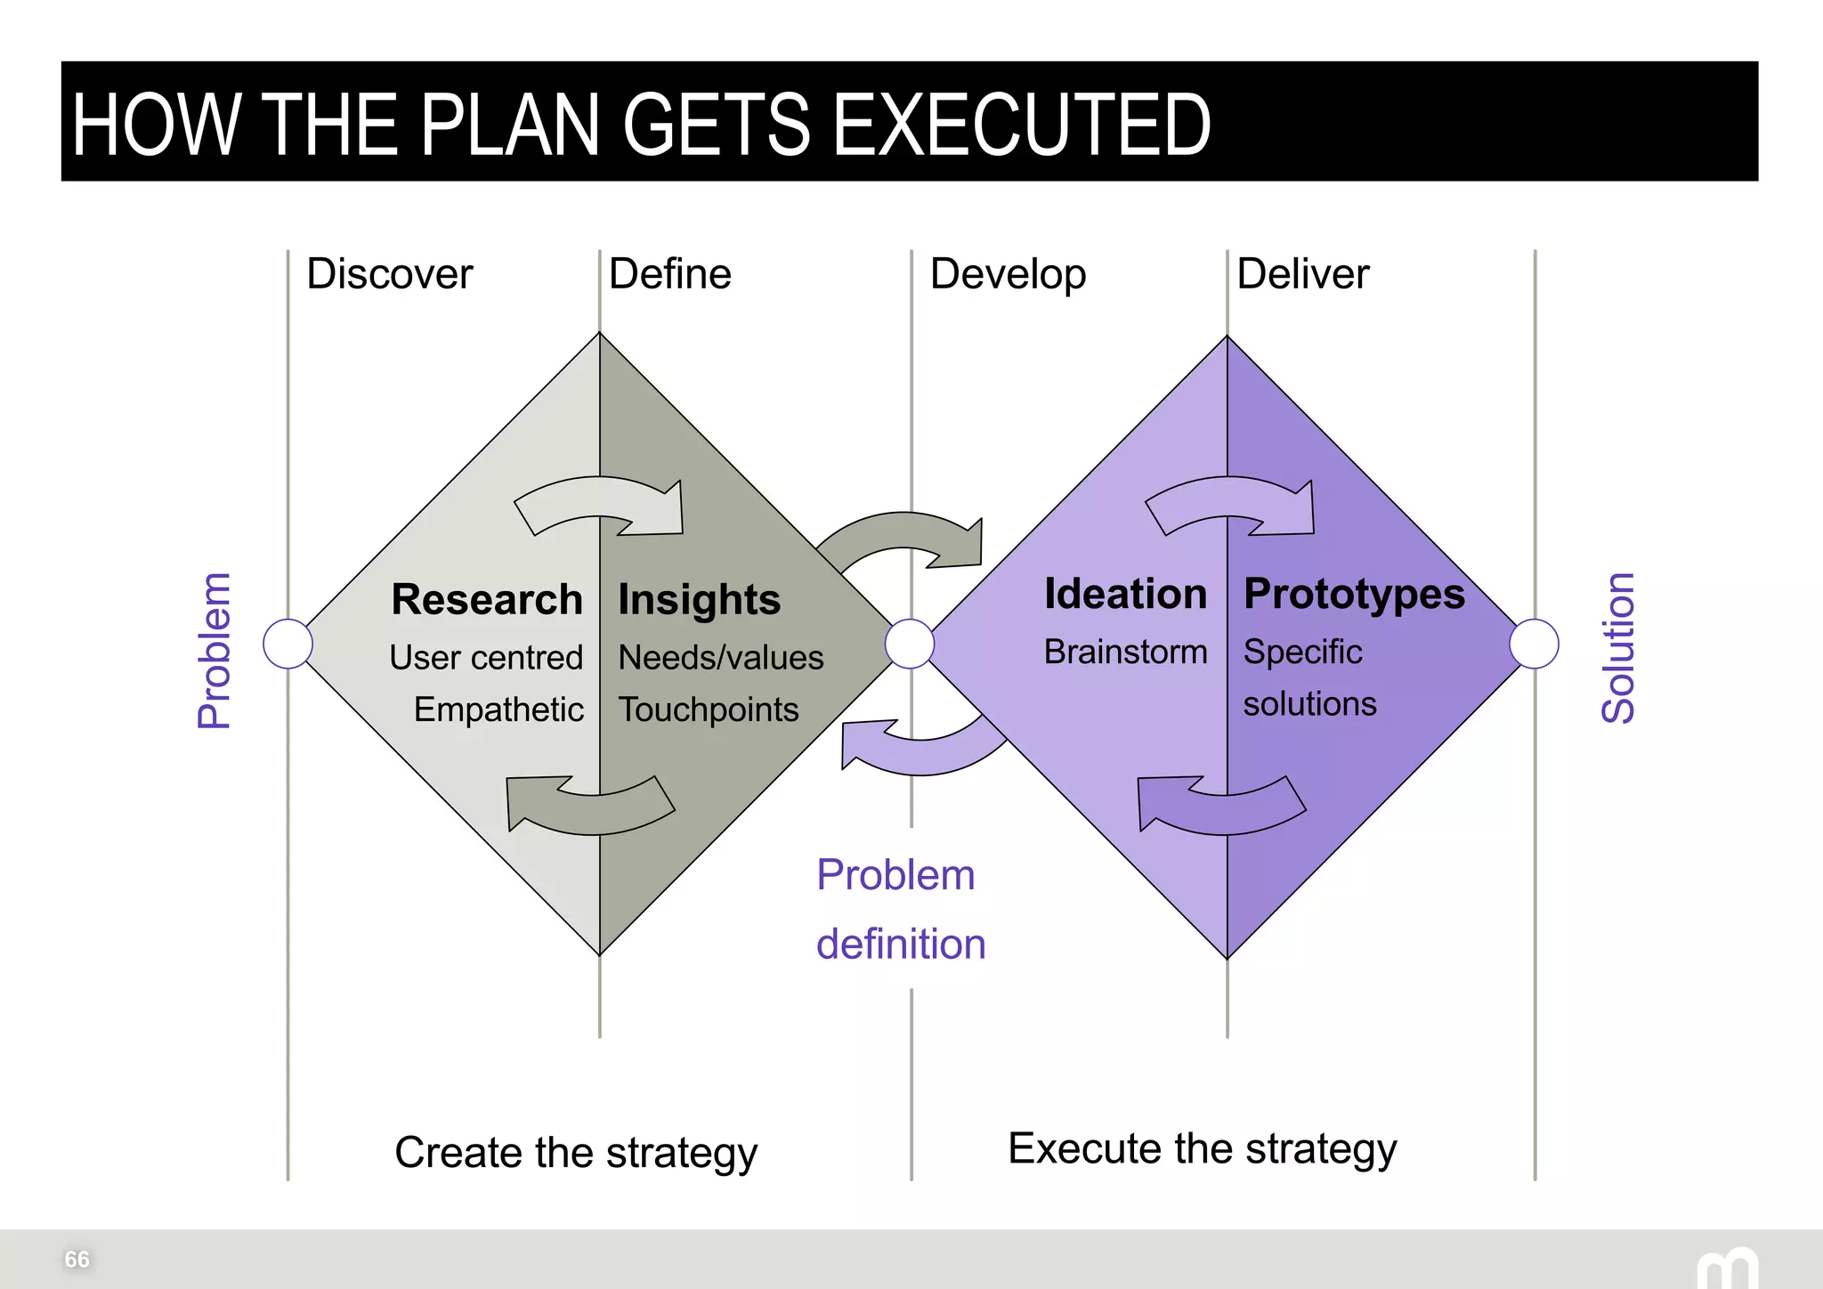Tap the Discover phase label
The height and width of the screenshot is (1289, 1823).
[x=389, y=274]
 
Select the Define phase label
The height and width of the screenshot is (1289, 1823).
[x=669, y=274]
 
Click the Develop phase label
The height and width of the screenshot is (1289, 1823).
[x=1008, y=275]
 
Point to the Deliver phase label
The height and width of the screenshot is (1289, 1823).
[x=1302, y=274]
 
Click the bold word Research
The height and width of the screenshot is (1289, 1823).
[x=487, y=599]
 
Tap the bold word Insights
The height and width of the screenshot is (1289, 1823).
[x=699, y=600]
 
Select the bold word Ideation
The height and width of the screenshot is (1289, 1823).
[x=1125, y=594]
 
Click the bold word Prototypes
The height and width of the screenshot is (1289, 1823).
[x=1353, y=594]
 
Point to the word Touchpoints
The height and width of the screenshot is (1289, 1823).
[x=709, y=709]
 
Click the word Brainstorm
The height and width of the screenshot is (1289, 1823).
[x=1125, y=652]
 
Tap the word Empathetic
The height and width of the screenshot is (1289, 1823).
[x=498, y=709]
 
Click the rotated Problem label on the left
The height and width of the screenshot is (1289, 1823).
[x=215, y=651]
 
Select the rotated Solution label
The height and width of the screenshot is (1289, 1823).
[x=1618, y=647]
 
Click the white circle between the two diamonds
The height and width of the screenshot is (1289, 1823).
[x=910, y=644]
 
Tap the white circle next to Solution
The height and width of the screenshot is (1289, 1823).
[x=1534, y=644]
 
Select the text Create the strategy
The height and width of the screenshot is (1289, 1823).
[x=576, y=1153]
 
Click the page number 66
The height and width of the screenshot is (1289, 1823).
[x=77, y=1259]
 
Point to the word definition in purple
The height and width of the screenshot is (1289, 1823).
[x=901, y=944]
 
